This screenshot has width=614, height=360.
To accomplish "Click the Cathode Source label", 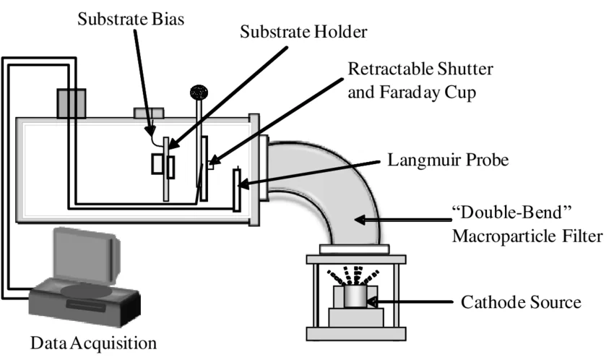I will pyautogui.click(x=521, y=301).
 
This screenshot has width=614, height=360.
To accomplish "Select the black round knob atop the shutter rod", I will pyautogui.click(x=197, y=91).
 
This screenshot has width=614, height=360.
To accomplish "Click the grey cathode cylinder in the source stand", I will pyautogui.click(x=354, y=296).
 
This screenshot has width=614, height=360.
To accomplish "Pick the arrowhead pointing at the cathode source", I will pyautogui.click(x=376, y=301).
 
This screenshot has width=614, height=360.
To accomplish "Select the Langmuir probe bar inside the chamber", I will pyautogui.click(x=236, y=189).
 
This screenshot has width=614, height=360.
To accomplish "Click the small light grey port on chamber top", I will pyautogui.click(x=148, y=112).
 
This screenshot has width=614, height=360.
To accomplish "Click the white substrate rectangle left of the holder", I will pyautogui.click(x=157, y=165).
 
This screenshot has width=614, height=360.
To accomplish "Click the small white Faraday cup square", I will pyautogui.click(x=211, y=165).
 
